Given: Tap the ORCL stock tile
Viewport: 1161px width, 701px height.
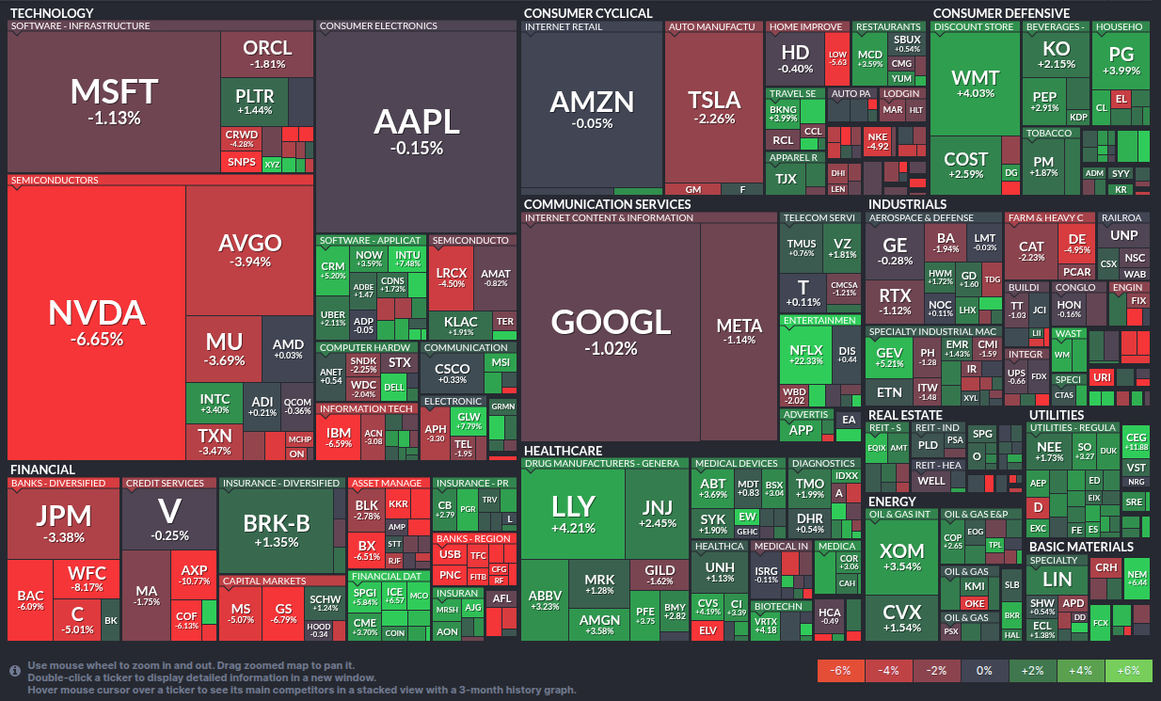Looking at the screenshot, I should coord(267,54).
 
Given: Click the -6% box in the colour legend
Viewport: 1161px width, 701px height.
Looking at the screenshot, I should coord(841,671).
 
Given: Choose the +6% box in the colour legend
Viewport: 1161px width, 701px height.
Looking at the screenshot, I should coord(1128,671).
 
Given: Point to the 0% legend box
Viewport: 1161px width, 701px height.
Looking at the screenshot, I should coord(984,671).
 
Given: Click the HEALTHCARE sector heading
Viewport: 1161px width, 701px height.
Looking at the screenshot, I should coord(563,451).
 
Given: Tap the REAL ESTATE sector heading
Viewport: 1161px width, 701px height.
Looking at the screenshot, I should coord(904,415).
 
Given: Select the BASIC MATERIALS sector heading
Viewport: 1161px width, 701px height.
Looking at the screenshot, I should coord(1080,547).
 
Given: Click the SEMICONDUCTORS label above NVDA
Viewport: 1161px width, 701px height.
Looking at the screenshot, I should coord(54,180).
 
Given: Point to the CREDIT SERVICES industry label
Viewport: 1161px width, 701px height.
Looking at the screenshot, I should coord(165,484).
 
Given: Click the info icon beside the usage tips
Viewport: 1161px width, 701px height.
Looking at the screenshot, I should coord(15,671).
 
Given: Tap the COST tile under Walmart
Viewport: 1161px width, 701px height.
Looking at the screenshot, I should coord(965,165).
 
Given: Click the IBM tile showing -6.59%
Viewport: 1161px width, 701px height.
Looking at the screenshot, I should coord(339,437).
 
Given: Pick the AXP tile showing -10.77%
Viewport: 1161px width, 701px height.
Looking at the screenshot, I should coord(194,574).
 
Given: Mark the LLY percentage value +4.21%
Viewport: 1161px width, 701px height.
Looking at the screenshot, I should coord(573,528).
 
